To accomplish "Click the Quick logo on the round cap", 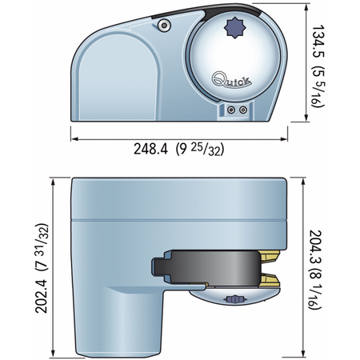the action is point(231,80).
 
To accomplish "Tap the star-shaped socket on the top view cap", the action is point(234,28).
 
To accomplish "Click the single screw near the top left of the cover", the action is point(164,26).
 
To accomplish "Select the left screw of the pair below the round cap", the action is point(231,110).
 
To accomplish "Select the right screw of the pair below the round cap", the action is point(242,110).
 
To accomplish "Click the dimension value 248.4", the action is point(150,149).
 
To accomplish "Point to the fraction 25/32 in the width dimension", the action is point(206,150).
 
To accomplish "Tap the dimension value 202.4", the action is point(42,296).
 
